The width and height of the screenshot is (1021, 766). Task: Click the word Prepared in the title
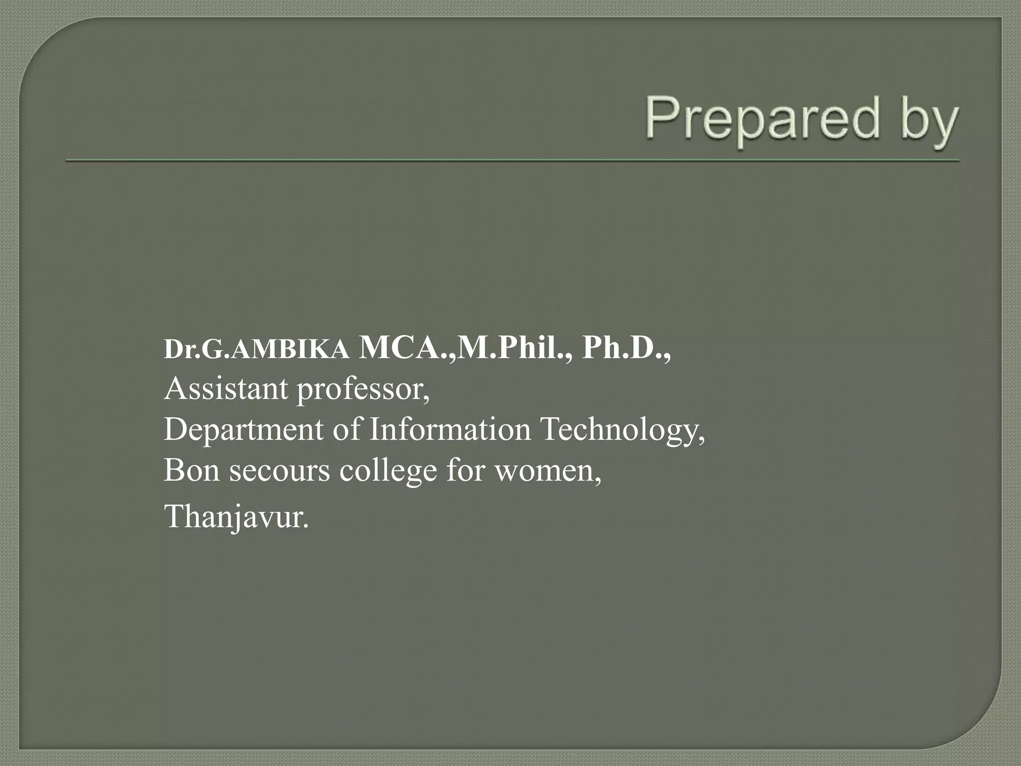click(763, 119)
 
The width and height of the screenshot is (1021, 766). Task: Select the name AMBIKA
click(290, 349)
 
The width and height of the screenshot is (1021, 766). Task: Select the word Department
click(243, 430)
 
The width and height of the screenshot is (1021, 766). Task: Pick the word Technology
click(622, 430)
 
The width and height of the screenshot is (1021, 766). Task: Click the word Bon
click(191, 470)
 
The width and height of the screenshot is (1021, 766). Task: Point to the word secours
click(279, 471)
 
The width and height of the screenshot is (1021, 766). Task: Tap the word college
click(388, 471)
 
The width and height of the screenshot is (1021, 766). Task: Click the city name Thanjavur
click(236, 517)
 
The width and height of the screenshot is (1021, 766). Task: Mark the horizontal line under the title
click(512, 161)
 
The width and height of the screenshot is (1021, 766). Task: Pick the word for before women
click(465, 470)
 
